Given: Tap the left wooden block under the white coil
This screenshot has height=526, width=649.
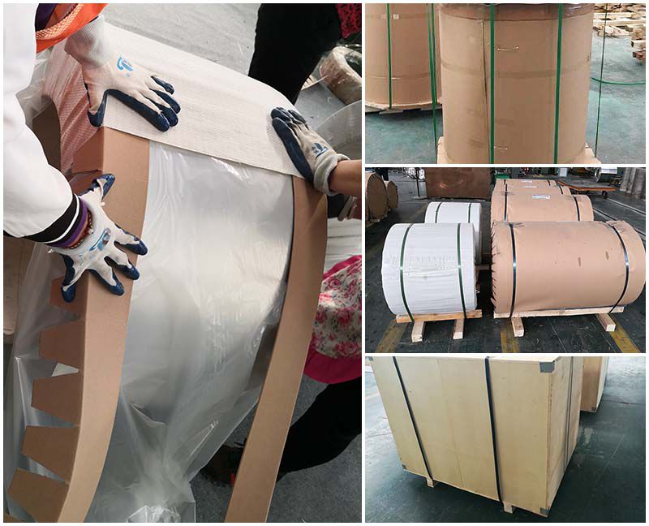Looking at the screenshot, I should coord(418,328).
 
